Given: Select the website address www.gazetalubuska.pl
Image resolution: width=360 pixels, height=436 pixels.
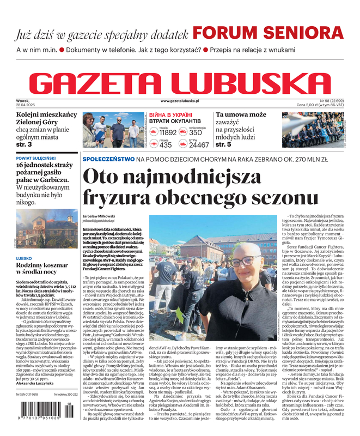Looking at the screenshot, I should pyautogui.click(x=180, y=101).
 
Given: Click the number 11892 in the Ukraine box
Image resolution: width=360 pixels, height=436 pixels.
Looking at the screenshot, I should pyautogui.click(x=168, y=132).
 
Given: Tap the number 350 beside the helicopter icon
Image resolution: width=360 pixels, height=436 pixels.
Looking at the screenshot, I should pyautogui.click(x=196, y=132).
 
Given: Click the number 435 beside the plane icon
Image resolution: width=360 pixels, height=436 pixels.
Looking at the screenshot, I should pyautogui.click(x=166, y=145).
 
